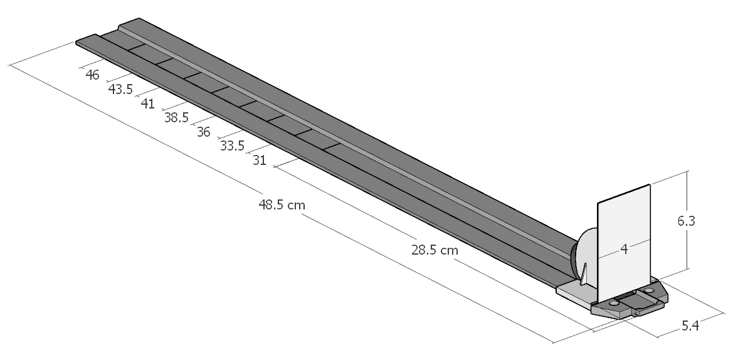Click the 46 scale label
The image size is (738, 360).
pos(93,75)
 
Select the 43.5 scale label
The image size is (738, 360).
pos(120,90)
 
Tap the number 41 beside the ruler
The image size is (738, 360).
pos(148,103)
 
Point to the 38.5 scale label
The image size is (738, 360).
pos(176,118)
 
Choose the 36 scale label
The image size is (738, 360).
pos(203,132)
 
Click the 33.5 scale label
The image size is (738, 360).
pos(232,146)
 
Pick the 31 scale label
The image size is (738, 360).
pos(259,161)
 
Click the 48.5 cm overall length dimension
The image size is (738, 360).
pos(282,204)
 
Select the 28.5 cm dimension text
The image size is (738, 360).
pos(435,250)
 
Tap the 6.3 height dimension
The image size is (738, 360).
pos(686,221)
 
